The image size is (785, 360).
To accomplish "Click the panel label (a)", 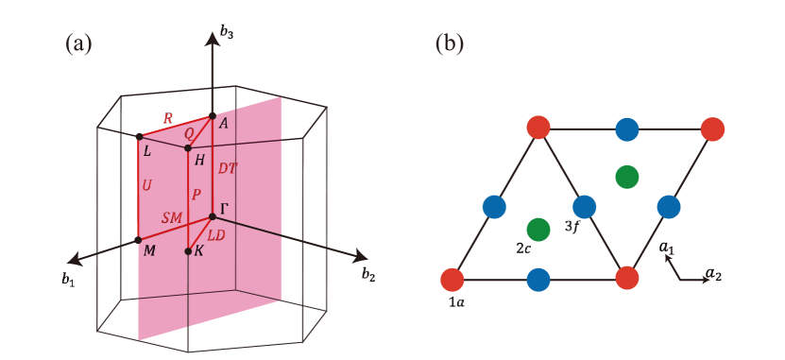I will coord(78,43).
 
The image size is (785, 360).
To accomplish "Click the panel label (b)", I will coord(449,43).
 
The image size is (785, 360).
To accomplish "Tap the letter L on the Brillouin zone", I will coord(146,151).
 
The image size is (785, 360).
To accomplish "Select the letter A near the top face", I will coord(224,124).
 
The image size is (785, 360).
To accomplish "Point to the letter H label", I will coord(198,161).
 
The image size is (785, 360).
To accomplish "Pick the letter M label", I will coord(149,250).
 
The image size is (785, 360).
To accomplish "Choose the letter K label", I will coord(198,251).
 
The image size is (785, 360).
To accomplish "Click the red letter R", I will coord(168,119).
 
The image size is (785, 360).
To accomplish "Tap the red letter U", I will coord(146,186).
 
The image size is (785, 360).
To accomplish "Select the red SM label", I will coord(171,217).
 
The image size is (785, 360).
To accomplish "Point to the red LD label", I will coord(215,234).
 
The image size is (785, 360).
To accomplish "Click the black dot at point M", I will coord(139,239).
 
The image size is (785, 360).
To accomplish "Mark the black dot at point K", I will coord(188,251).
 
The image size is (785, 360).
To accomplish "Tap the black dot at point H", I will coord(188,148).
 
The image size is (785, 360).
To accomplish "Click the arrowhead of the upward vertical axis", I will coord(213,34).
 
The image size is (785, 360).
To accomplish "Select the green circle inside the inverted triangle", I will coord(626,176).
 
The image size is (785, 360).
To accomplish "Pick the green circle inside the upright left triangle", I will coord(538,229).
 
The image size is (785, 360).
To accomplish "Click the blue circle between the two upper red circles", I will coord(626,129).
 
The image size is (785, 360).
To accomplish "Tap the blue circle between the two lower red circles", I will coord(538,280).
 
